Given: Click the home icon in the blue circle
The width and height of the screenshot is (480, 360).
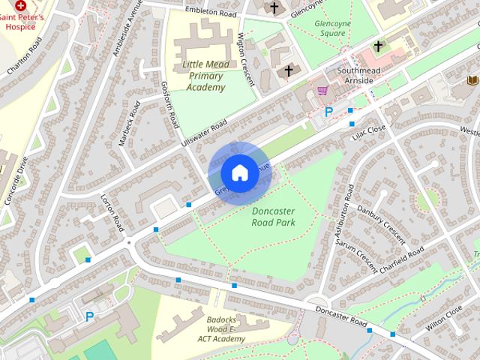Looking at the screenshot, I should [x=238, y=172].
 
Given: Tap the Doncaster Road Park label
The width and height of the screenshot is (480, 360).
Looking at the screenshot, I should [x=273, y=217].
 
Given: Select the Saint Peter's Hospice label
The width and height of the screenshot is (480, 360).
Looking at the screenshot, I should [x=22, y=20].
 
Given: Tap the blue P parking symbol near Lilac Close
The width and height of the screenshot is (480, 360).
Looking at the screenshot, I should [x=328, y=112].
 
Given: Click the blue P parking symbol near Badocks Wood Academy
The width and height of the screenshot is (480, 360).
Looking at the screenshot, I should [x=90, y=316].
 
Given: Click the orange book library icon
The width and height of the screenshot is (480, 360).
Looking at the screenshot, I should [x=472, y=80].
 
